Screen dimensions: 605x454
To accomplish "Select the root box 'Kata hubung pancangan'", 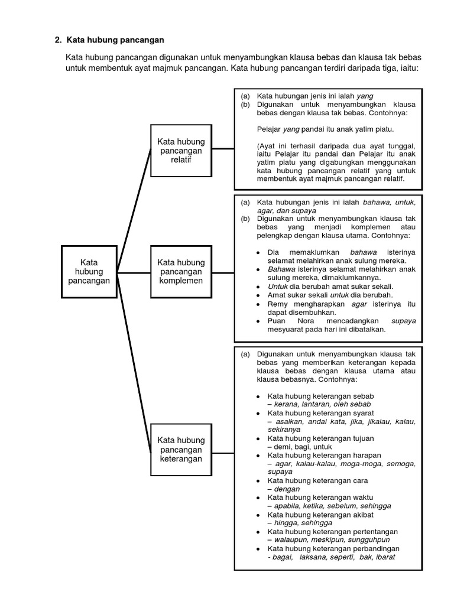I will pos(89,272).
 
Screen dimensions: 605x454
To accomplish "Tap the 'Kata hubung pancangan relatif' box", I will pos(180,150).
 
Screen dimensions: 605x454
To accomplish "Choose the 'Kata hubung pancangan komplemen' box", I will pos(180,272).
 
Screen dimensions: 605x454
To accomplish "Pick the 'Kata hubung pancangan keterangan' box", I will pos(180,450).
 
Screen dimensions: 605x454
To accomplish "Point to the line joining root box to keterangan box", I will pos(134,360).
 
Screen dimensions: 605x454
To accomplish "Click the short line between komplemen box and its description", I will pos(222,272).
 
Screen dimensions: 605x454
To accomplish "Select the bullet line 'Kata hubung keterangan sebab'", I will pos(320,395).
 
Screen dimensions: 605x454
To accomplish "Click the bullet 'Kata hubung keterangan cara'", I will pos(318,480).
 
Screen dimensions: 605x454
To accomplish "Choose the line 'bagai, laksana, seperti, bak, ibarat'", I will pos(331,557).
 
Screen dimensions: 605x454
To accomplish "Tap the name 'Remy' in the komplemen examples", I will pos(278,304).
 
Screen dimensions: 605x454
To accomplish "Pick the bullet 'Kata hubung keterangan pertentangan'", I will pos(332,531).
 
